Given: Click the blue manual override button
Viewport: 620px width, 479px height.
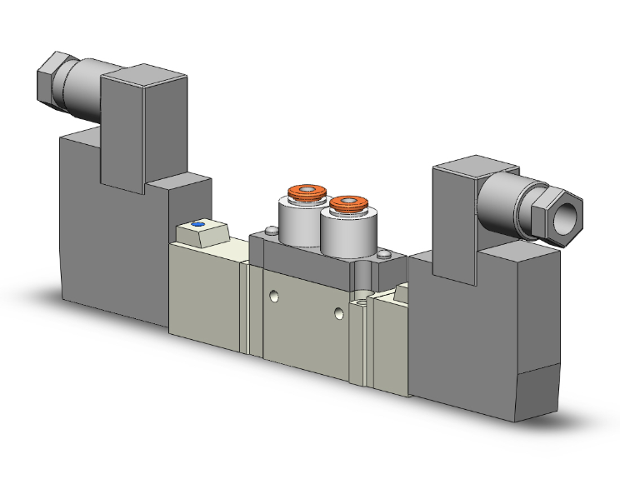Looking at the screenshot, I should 197,225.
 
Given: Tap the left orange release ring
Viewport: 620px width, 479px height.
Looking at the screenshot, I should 304,194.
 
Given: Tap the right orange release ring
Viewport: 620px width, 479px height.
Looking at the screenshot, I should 348,202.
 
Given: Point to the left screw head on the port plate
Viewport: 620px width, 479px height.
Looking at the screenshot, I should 268,232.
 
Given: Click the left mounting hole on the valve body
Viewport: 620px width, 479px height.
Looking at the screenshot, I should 274,296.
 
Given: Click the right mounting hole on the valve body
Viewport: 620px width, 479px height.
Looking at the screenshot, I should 337,313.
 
